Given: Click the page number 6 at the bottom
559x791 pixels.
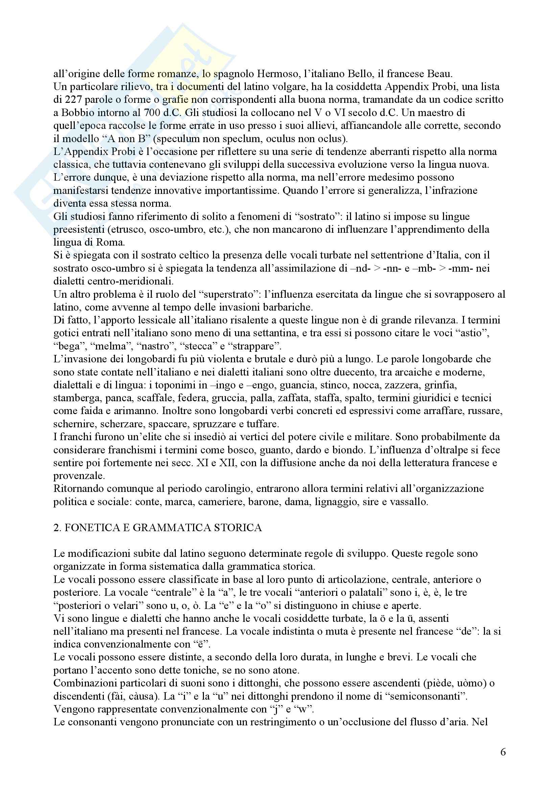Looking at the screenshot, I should (503, 752).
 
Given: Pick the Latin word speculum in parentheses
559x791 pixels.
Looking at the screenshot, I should (195, 139).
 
